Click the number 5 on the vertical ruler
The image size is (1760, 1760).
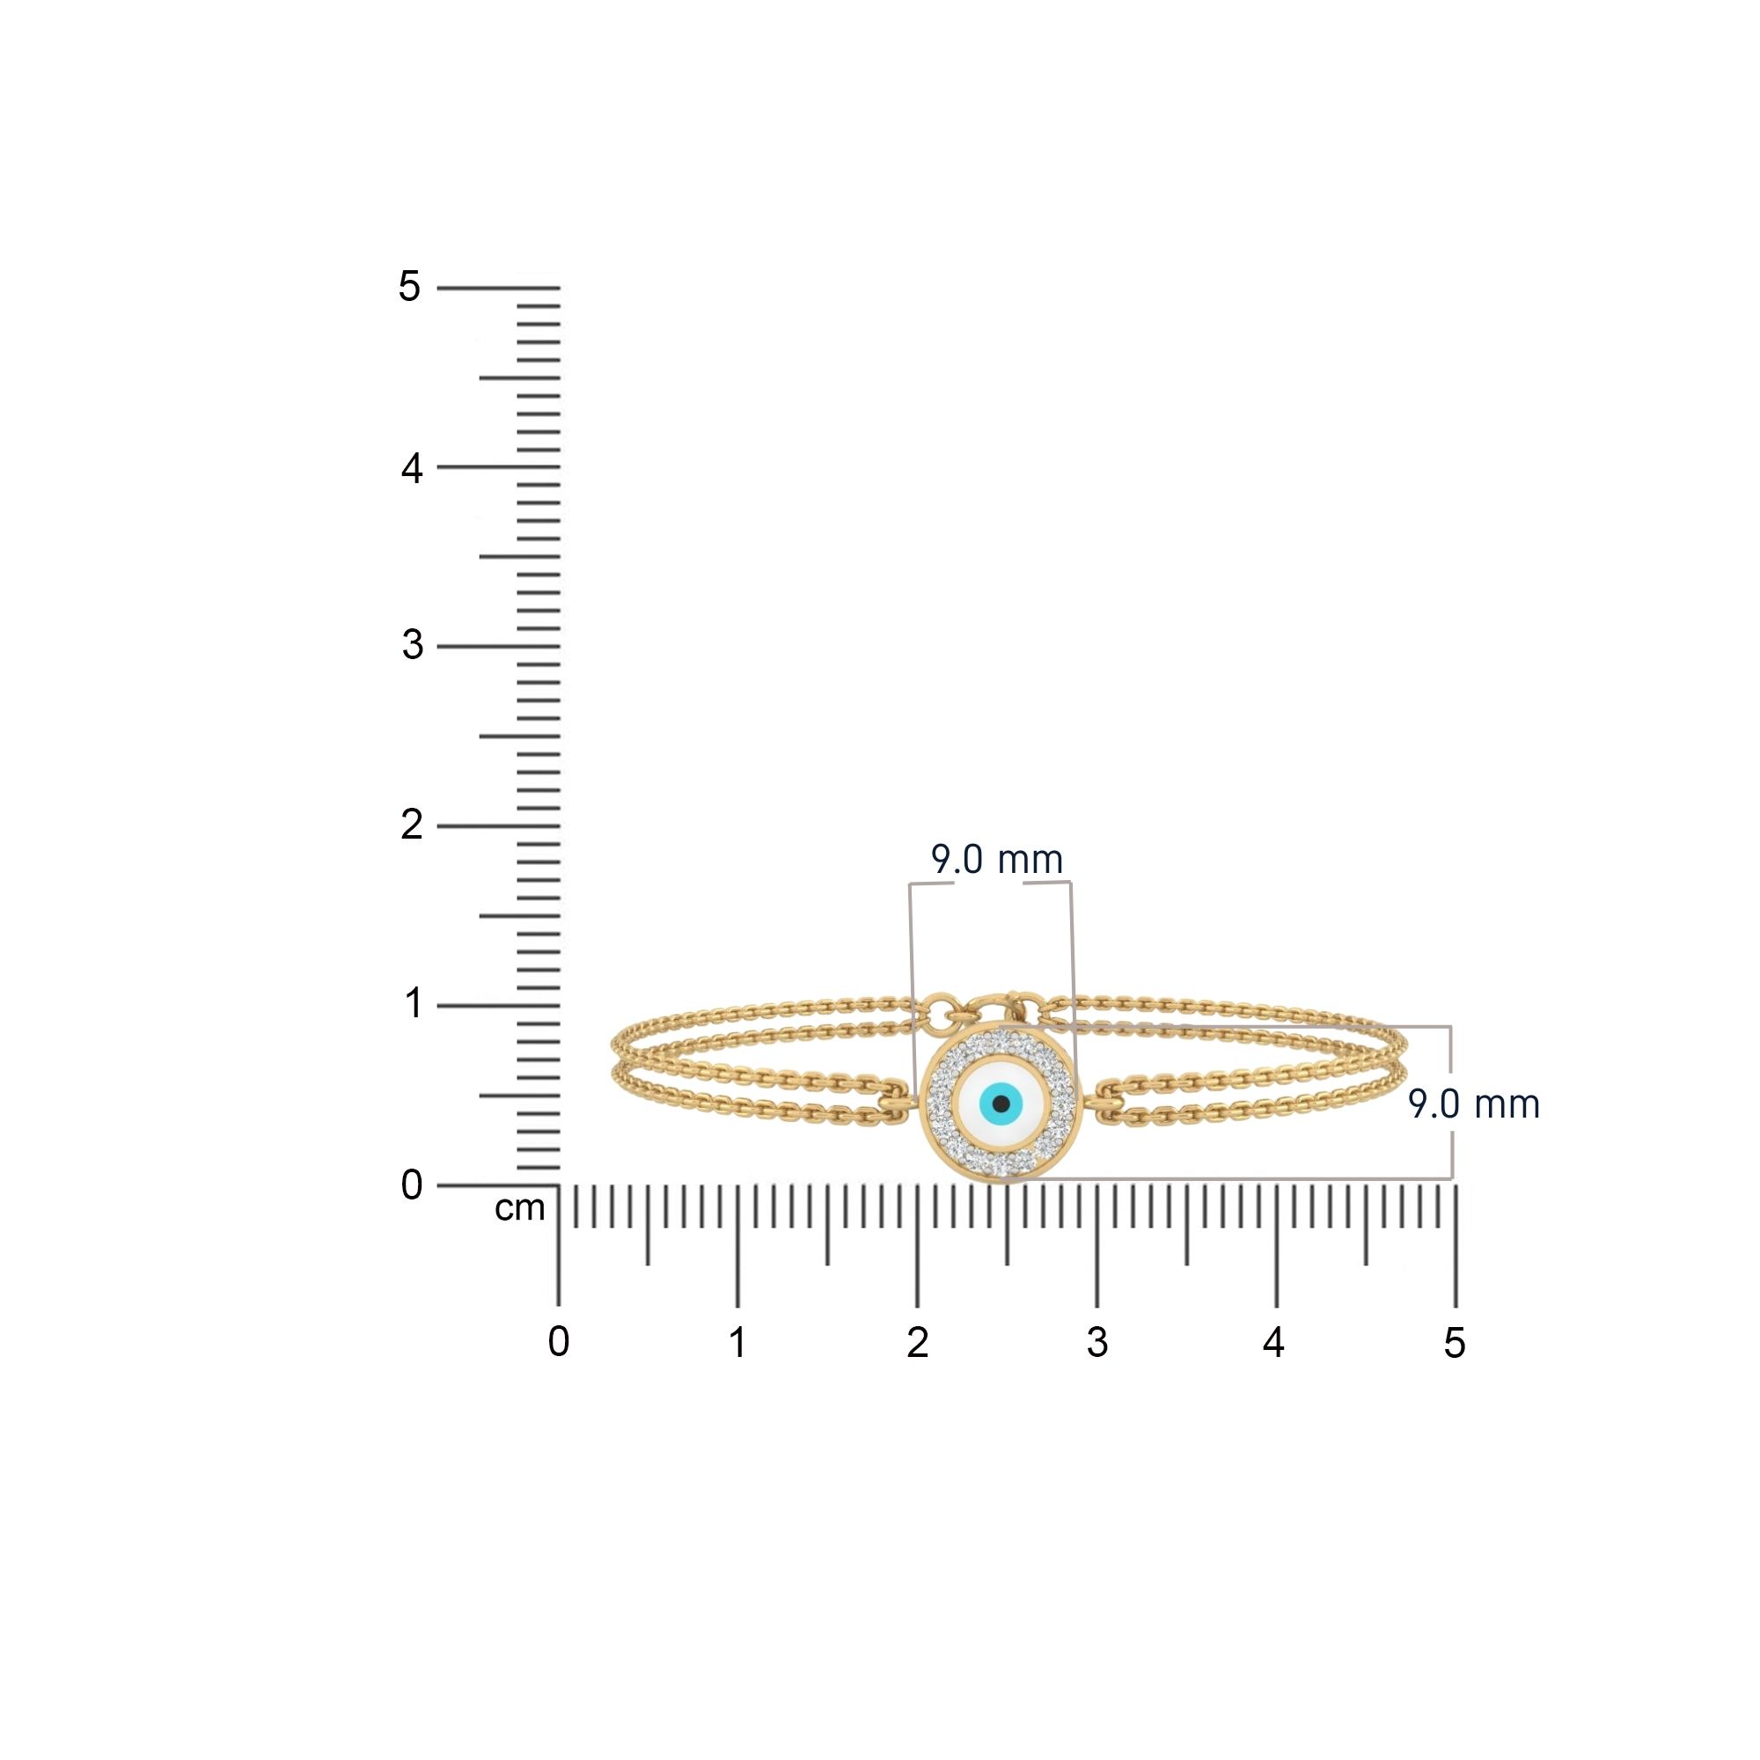[410, 288]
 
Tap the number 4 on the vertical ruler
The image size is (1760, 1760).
[412, 469]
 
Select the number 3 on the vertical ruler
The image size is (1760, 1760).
[413, 646]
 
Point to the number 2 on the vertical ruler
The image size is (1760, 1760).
[412, 825]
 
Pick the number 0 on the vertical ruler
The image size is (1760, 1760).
[412, 1185]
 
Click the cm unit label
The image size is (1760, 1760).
[519, 1209]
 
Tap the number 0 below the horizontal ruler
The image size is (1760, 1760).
[559, 1342]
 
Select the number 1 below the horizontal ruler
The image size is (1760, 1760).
[738, 1342]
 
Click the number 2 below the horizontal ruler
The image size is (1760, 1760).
[917, 1342]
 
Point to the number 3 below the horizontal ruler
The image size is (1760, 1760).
[1096, 1342]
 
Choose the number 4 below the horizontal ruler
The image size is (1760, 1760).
[1273, 1342]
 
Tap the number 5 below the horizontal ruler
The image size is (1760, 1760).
[1454, 1342]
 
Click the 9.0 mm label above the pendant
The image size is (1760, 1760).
[997, 860]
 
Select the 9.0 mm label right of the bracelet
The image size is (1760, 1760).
[1473, 1104]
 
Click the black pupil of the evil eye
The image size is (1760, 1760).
[1001, 1104]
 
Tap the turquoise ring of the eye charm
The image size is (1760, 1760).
[987, 1105]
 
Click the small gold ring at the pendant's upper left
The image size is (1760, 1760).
[937, 1010]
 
